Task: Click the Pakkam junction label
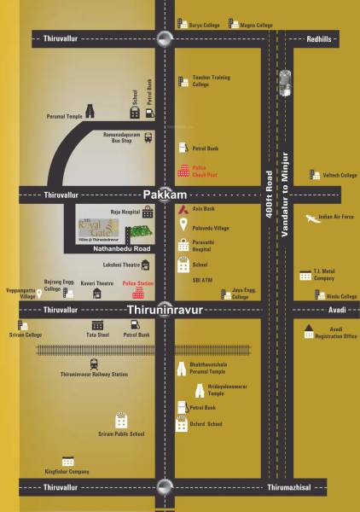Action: pos(159,195)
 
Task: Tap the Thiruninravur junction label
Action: pos(164,310)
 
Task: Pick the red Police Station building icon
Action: pos(138,293)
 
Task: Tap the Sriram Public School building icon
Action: pos(121,421)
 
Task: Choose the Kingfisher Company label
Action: pos(67,471)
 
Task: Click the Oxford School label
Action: pos(208,424)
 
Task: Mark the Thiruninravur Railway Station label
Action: pos(95,375)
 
